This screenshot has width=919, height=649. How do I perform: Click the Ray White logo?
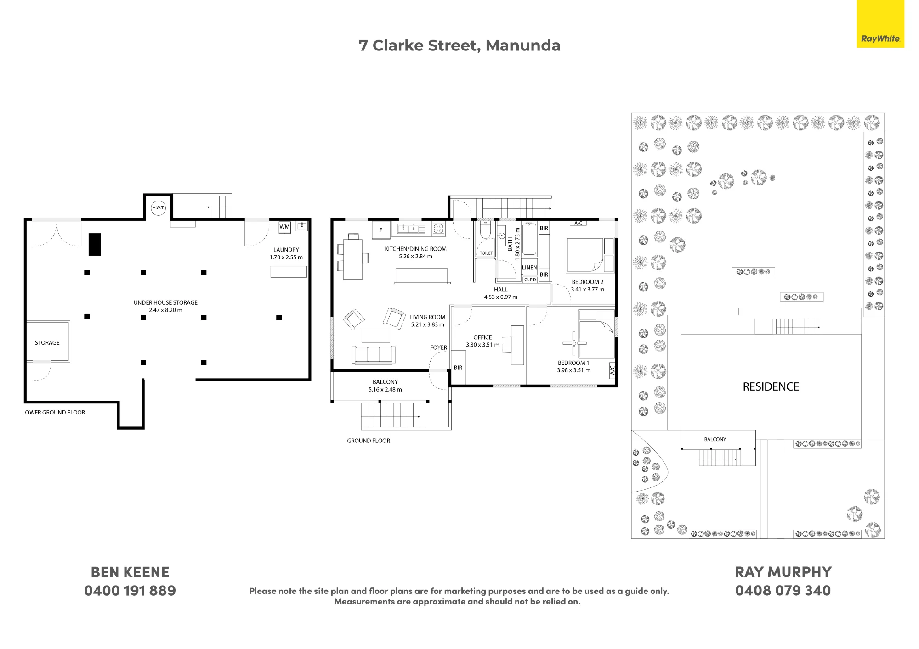[880, 23]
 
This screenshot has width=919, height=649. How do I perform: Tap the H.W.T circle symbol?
[158, 208]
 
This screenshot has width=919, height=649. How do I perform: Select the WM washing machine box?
[285, 227]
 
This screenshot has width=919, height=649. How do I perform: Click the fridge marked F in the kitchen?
[381, 230]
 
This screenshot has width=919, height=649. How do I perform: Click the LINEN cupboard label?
[529, 268]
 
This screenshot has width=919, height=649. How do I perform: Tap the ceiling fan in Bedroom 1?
[574, 343]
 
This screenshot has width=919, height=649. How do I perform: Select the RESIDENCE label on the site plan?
[771, 387]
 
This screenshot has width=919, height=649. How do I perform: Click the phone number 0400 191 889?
[130, 591]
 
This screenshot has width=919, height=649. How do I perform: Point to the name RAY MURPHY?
[783, 572]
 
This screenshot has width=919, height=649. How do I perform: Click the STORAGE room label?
[47, 343]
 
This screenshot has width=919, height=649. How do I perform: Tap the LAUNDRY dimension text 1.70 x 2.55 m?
[286, 257]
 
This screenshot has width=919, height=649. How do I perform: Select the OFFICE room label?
[482, 337]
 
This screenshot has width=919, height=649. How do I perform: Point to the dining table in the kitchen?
[353, 259]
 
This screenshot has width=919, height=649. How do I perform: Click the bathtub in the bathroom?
[529, 239]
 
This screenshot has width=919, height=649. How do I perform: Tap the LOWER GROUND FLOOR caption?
[54, 413]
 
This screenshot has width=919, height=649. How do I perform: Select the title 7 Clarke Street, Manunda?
[459, 46]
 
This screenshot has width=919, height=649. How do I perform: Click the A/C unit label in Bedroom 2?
[579, 224]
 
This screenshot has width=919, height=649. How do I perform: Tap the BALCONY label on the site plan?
[715, 439]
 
